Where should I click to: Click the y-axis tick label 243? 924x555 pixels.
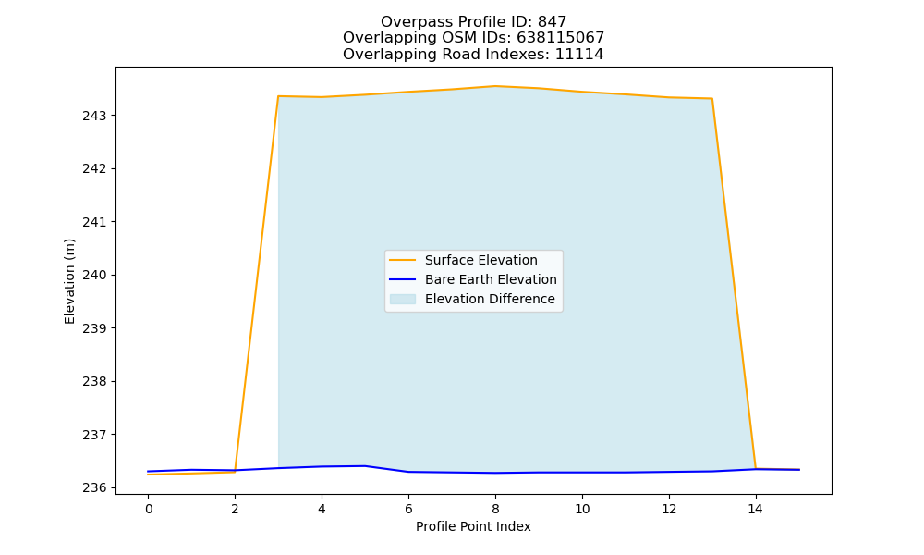click(x=94, y=116)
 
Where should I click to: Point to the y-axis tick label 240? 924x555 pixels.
click(x=94, y=276)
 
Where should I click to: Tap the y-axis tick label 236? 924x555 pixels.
click(x=94, y=487)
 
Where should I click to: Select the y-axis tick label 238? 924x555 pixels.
click(x=94, y=382)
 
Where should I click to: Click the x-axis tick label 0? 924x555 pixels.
click(x=149, y=509)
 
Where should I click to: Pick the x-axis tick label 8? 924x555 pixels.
click(x=495, y=509)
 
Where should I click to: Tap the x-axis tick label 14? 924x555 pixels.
click(x=756, y=509)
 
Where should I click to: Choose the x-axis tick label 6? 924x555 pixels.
click(x=408, y=509)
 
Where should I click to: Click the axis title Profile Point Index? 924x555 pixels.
click(x=473, y=526)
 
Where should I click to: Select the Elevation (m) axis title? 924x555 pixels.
click(x=69, y=281)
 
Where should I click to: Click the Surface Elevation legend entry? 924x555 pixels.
click(x=463, y=260)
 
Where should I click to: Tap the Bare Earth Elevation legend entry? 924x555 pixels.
click(x=472, y=279)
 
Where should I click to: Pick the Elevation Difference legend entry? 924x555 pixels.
click(x=472, y=299)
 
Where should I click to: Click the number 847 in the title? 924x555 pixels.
click(x=553, y=22)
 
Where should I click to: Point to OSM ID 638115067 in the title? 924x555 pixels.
click(x=561, y=38)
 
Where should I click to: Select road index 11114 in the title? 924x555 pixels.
click(x=579, y=55)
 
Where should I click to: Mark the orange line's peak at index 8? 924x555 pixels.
click(x=495, y=86)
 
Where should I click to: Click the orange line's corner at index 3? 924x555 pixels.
click(x=278, y=96)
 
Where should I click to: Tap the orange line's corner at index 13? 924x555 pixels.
click(x=711, y=98)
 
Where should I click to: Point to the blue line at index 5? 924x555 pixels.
click(x=365, y=466)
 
